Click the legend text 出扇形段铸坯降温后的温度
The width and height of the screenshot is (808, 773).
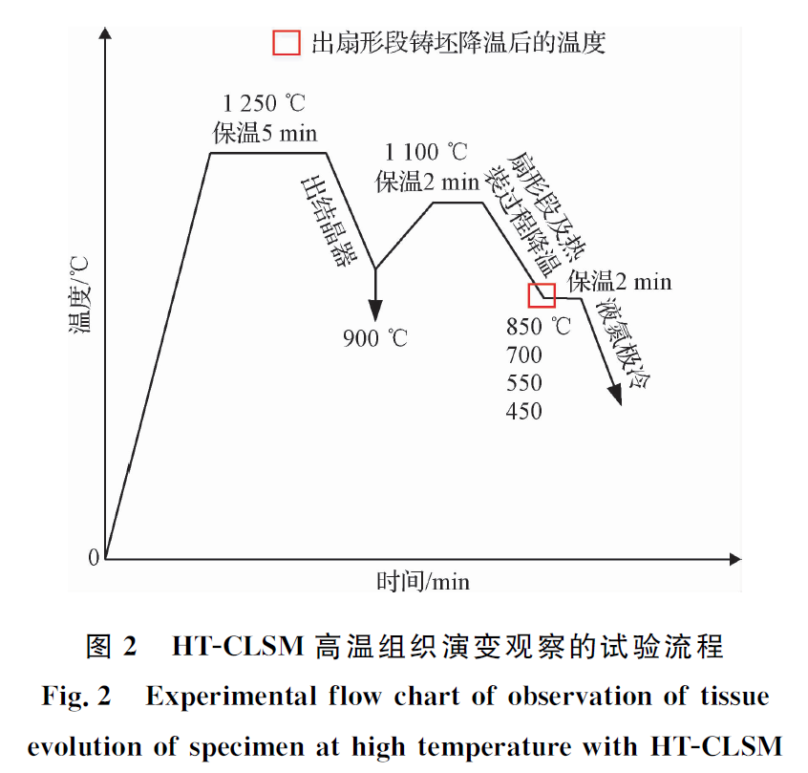458,43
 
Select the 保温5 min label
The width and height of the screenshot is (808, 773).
265,132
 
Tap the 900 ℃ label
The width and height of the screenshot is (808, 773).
375,337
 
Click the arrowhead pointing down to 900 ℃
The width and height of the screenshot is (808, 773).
374,310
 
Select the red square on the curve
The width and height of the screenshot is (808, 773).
542,294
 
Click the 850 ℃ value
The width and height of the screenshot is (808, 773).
538,327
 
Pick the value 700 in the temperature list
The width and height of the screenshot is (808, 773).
524,355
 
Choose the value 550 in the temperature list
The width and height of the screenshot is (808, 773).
524,383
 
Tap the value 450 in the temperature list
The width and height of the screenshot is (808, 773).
524,411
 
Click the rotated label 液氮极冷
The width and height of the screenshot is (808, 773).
623,345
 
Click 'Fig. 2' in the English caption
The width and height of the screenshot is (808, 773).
76,696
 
